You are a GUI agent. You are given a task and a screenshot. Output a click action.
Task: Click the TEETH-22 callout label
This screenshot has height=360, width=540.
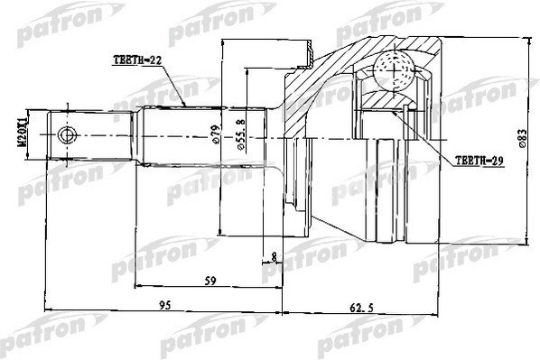click(x=137, y=60)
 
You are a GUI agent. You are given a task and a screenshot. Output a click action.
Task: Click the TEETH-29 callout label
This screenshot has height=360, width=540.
click(x=479, y=161)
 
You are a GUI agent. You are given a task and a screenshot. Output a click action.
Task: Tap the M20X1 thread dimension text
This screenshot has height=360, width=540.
click(x=22, y=134)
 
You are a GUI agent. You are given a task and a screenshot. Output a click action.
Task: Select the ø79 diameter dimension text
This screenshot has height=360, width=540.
click(x=216, y=134)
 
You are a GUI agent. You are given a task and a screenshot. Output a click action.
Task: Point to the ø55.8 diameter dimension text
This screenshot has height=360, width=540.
click(x=241, y=134)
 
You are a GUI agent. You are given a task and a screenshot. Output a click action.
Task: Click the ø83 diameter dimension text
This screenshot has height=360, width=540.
click(x=522, y=139)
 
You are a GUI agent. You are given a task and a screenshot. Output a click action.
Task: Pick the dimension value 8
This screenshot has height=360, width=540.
click(x=275, y=256)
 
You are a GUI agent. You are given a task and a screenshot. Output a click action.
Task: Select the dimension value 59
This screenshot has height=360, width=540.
click(x=210, y=281)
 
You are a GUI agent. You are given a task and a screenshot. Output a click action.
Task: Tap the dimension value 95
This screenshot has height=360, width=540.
click(x=165, y=305)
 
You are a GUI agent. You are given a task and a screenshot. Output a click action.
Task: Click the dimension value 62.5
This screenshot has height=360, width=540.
click(x=361, y=308)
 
